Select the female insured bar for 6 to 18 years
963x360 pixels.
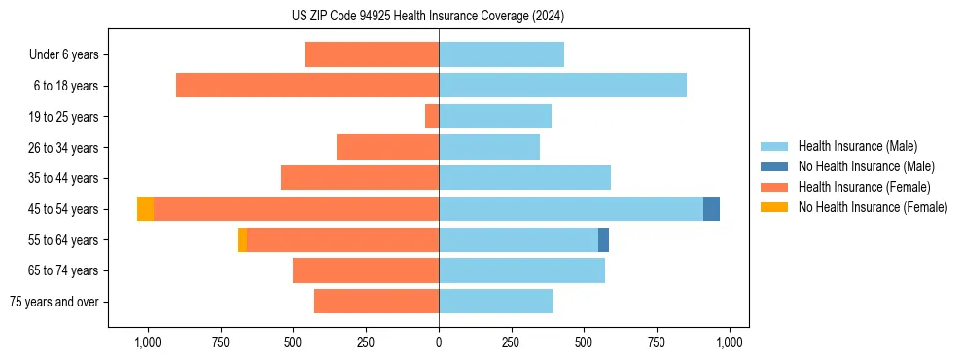click(307, 86)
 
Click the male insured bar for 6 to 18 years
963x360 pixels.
click(562, 86)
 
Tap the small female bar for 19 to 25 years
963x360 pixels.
click(432, 117)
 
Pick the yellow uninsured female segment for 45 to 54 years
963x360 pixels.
click(145, 209)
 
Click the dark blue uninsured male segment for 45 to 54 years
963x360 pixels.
click(711, 209)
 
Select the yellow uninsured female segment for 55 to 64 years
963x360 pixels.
click(242, 240)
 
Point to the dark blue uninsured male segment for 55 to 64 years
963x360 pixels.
click(603, 240)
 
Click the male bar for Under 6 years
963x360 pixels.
click(501, 54)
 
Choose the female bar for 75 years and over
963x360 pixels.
click(376, 302)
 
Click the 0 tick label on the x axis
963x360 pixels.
click(439, 342)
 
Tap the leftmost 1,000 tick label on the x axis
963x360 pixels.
click(147, 342)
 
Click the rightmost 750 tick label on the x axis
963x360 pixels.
click(657, 342)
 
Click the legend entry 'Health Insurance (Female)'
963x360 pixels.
click(864, 187)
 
